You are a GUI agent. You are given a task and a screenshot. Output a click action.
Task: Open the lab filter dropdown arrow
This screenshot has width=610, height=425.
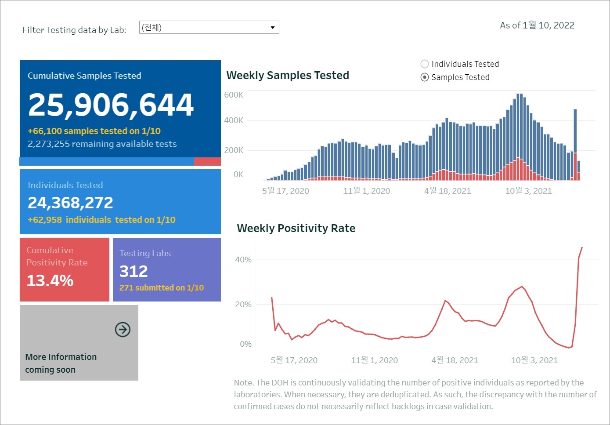pos(273,28)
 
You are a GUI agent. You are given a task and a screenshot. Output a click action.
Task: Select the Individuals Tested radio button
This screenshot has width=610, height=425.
pos(425,64)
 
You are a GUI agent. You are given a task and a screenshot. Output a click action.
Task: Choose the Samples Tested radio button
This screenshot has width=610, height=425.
pos(425,77)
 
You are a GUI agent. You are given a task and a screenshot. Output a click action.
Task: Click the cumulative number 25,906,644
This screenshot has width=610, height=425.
pos(111,105)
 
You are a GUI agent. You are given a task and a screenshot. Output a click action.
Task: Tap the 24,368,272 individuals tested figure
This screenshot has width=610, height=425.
pos(70,203)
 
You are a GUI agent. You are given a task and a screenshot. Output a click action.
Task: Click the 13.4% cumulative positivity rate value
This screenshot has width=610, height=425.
pos(50,280)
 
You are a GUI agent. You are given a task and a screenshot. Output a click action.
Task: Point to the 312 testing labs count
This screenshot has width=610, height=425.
pos(134,271)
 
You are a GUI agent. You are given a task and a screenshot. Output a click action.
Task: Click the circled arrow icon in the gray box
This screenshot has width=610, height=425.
pos(123,329)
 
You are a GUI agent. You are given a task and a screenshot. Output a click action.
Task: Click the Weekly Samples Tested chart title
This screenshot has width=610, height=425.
pos(288,76)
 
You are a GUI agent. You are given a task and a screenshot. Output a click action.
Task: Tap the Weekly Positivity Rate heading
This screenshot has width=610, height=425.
pos(296,229)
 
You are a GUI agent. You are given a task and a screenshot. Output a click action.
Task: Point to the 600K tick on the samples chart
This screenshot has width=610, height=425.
pos(234,95)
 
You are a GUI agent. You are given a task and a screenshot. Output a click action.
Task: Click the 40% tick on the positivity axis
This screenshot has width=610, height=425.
pos(243,260)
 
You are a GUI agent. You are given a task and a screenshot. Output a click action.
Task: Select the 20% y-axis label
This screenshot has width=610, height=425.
pos(243,305)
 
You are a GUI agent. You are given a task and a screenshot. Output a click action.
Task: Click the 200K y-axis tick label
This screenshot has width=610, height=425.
pos(234,150)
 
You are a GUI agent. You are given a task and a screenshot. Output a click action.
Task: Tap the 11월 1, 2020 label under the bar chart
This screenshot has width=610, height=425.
pos(366,191)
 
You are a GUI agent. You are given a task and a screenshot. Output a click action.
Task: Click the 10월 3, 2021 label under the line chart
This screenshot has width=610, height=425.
pos(534,360)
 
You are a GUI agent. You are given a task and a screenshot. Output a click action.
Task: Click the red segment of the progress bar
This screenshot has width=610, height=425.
pos(207,162)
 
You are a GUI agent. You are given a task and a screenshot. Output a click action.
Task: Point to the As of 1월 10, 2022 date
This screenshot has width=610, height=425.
pos(537,25)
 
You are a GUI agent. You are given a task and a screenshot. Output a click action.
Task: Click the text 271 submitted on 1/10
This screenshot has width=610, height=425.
pos(162,288)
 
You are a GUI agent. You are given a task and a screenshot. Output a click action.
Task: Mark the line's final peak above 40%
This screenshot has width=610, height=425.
pos(582,248)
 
